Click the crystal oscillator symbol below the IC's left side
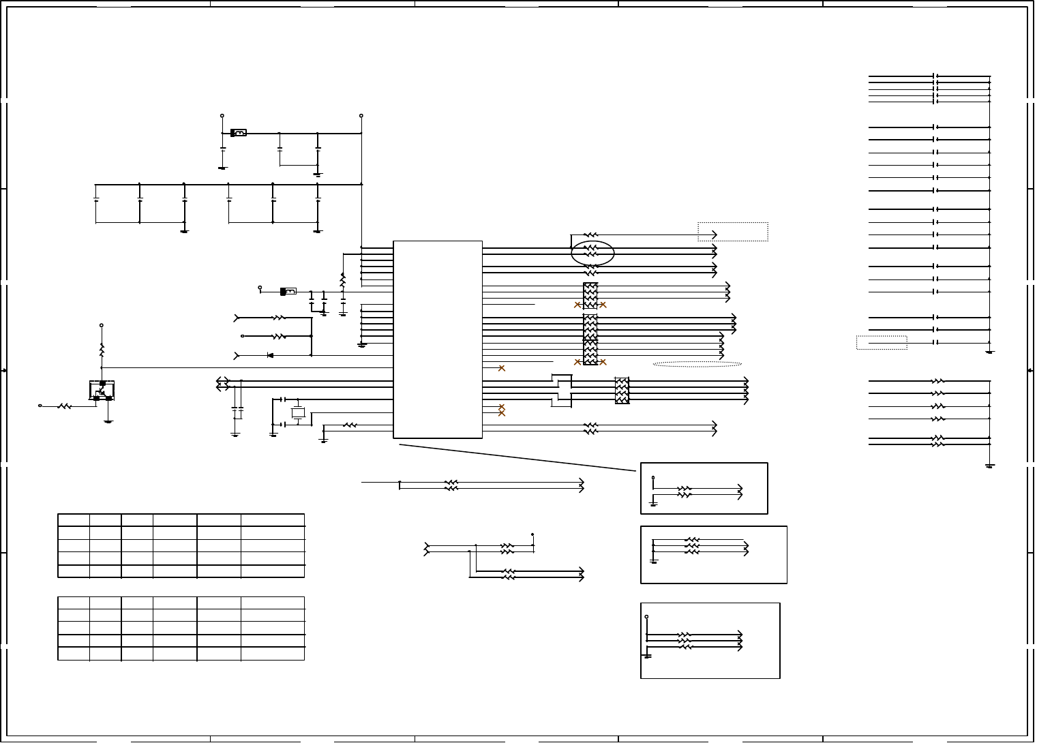(298, 412)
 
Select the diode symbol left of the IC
(270, 355)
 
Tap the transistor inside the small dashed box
(102, 391)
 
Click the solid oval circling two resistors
(592, 253)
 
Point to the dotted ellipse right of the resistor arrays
(697, 364)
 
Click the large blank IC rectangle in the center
(438, 339)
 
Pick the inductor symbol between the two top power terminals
(239, 133)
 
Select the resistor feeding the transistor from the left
(65, 406)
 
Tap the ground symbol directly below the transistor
(108, 421)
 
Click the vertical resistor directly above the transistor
(102, 350)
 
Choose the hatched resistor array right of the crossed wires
(622, 391)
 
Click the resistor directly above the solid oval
(590, 235)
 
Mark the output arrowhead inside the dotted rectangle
(714, 234)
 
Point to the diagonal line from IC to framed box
(518, 457)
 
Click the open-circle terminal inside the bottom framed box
(646, 617)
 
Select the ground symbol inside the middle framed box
(654, 561)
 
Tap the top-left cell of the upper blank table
(74, 520)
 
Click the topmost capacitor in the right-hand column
(935, 76)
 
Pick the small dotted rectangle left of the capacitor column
(882, 342)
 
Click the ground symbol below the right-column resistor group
(990, 466)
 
